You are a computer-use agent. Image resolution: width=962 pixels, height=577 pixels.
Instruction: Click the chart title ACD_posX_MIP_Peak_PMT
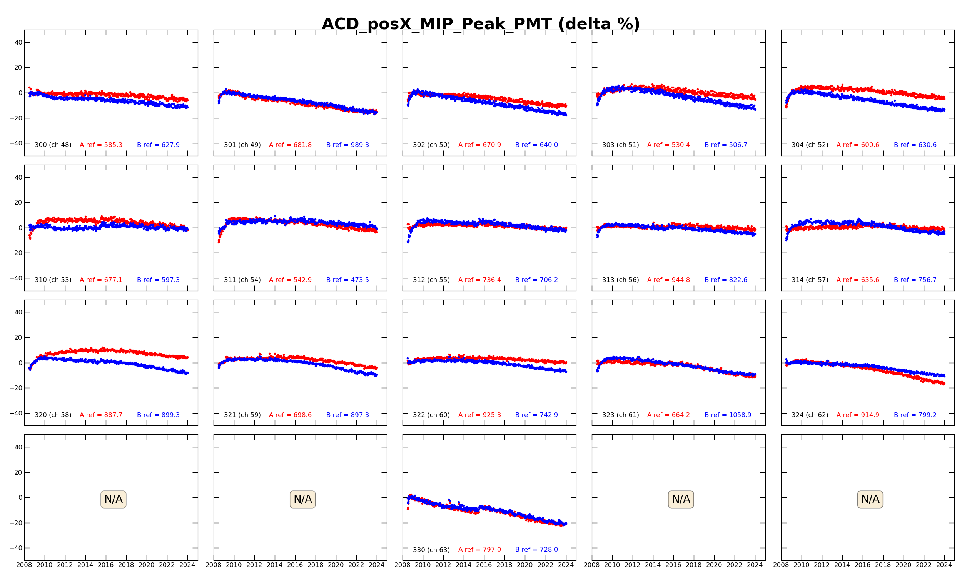(x=481, y=24)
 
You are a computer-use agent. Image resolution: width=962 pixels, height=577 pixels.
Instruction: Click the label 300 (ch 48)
(x=53, y=145)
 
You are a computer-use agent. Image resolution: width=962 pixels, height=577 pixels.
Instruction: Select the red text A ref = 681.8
(x=290, y=145)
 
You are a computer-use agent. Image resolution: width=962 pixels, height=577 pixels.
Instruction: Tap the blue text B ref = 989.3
(x=347, y=145)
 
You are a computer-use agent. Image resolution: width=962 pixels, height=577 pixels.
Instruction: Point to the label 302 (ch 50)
(x=431, y=145)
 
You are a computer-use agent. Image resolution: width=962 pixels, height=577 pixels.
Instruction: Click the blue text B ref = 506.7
(x=726, y=145)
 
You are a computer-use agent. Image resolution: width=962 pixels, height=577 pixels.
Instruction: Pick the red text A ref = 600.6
(x=857, y=145)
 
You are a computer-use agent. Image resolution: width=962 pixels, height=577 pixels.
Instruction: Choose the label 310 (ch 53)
(x=53, y=280)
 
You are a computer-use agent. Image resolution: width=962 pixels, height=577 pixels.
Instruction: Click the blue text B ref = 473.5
(x=347, y=280)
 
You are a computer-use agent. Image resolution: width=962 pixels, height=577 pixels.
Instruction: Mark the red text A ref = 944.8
(x=668, y=280)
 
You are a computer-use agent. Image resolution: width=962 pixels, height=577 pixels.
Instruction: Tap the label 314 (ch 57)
(x=810, y=280)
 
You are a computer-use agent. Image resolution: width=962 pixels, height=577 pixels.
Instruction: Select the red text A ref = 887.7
(x=101, y=415)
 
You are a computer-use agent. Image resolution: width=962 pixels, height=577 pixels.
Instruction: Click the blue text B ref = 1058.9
(x=728, y=415)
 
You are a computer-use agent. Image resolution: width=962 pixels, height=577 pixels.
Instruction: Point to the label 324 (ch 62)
(x=810, y=415)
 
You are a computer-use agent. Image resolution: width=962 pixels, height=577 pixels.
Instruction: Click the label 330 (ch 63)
(x=431, y=550)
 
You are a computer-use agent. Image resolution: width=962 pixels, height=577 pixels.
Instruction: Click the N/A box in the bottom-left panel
(x=113, y=499)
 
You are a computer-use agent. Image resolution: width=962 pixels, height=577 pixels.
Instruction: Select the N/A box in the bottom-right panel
(x=870, y=499)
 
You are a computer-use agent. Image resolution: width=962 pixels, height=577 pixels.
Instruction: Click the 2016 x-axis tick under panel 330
(x=484, y=565)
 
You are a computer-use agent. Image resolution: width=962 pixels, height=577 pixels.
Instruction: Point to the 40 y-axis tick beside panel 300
(x=18, y=42)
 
